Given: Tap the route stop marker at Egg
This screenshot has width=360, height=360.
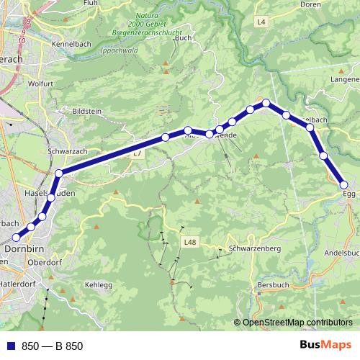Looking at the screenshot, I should [344, 185].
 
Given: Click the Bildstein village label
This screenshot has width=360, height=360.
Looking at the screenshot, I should [89, 112].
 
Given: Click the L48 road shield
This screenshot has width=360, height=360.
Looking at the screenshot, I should [189, 243].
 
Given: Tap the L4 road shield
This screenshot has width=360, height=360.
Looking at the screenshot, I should [261, 23].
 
